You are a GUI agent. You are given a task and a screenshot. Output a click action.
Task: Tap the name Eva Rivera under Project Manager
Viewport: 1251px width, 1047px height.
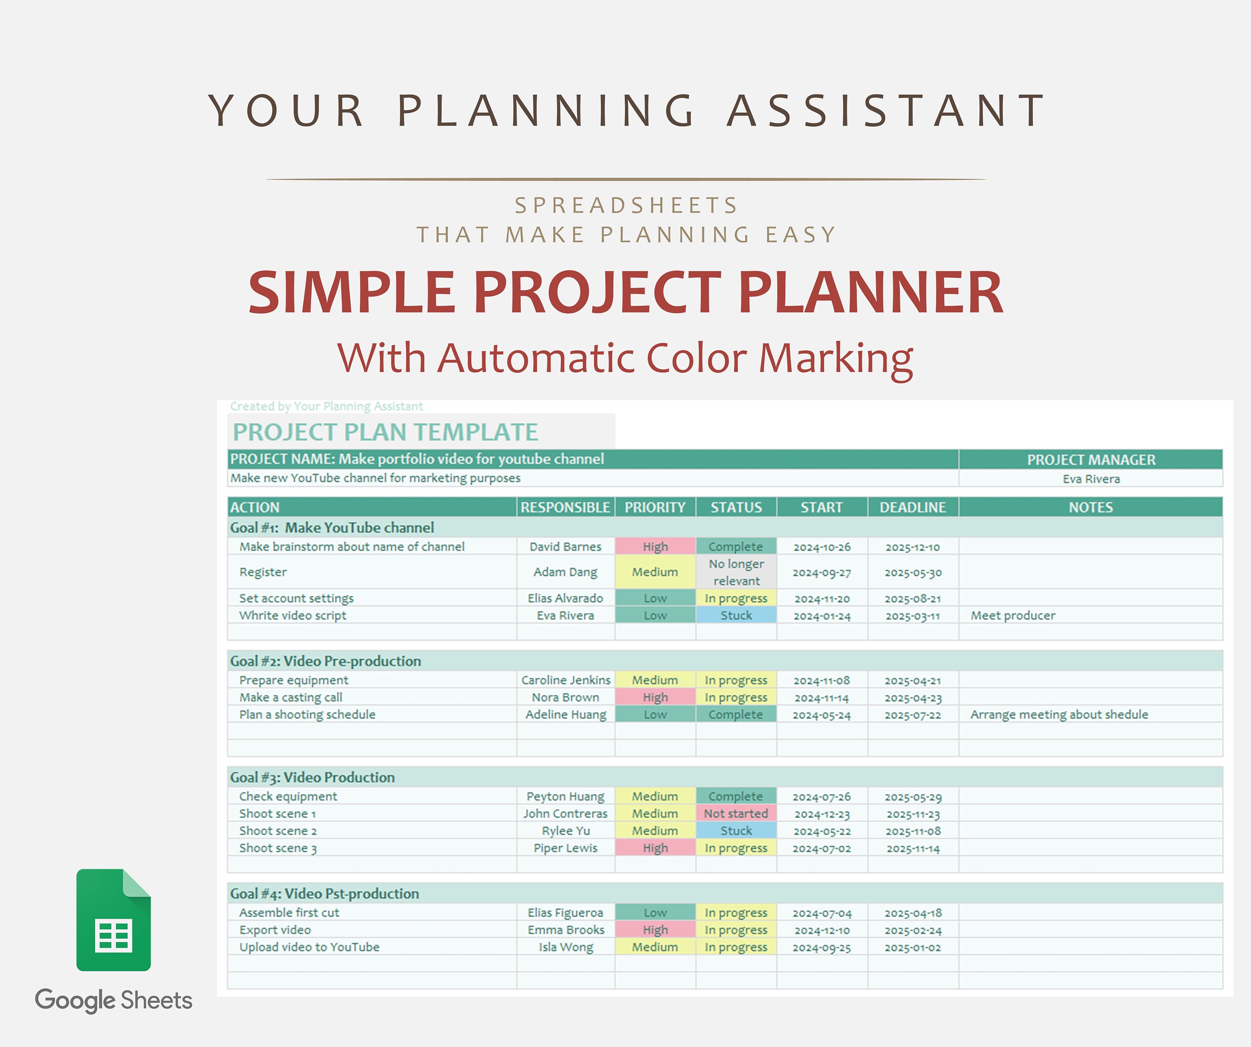pos(1091,479)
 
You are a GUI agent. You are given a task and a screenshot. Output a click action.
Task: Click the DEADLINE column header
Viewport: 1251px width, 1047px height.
pos(913,507)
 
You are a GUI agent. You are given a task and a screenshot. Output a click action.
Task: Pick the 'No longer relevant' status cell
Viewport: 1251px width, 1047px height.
pos(736,572)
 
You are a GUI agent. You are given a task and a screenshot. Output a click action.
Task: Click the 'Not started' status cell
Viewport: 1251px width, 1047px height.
pos(736,813)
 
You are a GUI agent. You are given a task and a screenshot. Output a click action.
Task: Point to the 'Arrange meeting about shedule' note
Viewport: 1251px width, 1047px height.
pos(1059,715)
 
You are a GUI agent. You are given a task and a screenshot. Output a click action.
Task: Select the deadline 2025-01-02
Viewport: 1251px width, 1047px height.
pos(913,947)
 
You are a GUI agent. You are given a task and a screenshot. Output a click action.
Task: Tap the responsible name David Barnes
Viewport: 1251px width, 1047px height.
pos(565,547)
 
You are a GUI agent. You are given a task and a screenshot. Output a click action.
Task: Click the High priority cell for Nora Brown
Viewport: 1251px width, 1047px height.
pos(655,698)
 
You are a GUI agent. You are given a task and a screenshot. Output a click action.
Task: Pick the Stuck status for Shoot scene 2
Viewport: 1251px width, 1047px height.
pos(736,831)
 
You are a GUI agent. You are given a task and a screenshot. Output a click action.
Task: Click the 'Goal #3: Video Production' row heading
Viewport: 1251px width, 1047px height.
pos(312,777)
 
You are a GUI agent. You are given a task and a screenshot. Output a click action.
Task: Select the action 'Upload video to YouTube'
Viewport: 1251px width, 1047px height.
pos(309,947)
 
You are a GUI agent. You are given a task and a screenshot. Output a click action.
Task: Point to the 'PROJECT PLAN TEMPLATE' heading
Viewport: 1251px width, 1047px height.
pos(385,432)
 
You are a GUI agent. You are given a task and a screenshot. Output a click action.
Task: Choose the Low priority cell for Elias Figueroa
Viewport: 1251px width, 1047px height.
pos(655,912)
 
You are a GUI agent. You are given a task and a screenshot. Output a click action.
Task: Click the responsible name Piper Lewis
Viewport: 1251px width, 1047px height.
pos(565,848)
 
